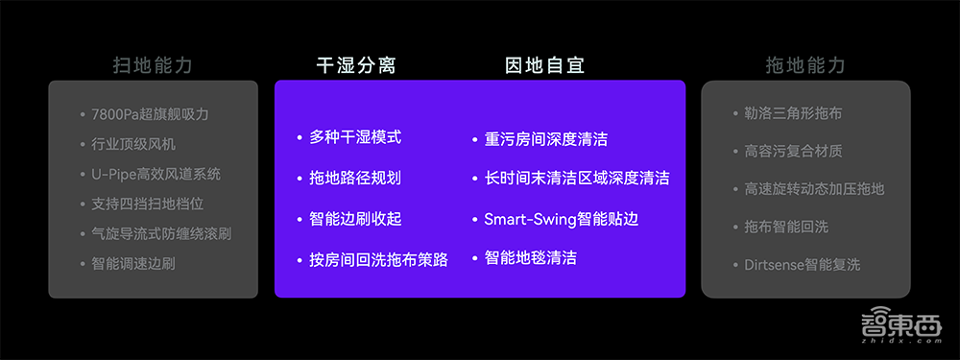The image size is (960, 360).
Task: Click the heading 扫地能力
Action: [x=153, y=65]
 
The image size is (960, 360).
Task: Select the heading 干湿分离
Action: [x=356, y=65]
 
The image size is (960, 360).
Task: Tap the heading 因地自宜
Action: [x=544, y=65]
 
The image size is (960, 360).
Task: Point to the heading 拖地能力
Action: [x=805, y=65]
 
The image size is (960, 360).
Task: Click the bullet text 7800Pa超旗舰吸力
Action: [x=150, y=114]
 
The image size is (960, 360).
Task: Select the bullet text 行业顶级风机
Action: [x=133, y=144]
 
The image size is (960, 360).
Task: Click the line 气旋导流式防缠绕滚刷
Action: [x=161, y=233]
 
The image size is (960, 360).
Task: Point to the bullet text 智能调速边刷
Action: [x=133, y=263]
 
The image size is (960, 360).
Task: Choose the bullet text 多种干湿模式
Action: [x=355, y=137]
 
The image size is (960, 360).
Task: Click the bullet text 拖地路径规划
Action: [x=355, y=178]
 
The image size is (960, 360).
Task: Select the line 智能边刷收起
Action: [x=355, y=219]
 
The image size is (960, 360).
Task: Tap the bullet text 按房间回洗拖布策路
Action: [x=378, y=259]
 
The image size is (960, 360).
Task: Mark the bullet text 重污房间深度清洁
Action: [x=545, y=139]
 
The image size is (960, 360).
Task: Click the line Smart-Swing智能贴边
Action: [x=561, y=219]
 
